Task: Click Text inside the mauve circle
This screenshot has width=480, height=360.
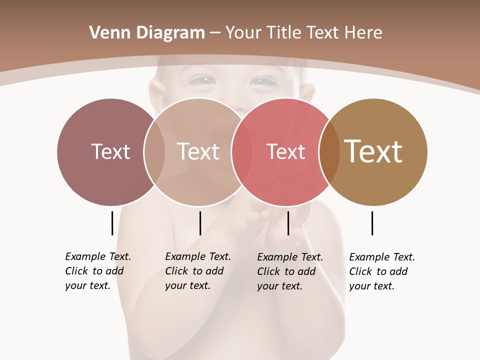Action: coord(110,151)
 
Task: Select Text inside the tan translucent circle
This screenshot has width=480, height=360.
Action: coord(198,151)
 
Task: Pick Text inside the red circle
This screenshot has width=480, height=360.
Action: coord(285,151)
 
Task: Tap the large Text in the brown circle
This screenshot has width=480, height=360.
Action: coord(373,151)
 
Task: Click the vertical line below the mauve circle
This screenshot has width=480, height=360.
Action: coord(112,223)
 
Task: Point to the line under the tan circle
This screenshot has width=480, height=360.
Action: coord(200,223)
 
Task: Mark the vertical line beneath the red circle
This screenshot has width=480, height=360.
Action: coord(288,223)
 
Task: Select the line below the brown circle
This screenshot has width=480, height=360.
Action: coord(372,223)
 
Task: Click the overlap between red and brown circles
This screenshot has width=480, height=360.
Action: coord(329,152)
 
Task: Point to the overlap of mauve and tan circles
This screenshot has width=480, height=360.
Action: coord(154,152)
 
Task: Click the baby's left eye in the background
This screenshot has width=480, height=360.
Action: coord(263,81)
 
